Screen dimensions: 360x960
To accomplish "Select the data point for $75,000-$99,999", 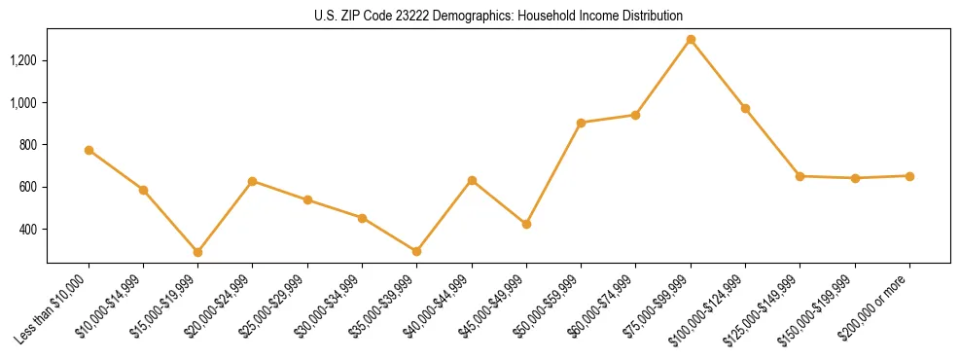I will point(691,40).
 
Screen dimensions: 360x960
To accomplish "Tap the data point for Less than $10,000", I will point(89,150).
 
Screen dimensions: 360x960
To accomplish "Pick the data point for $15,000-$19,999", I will point(197,252).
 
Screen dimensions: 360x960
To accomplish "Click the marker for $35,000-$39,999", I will point(416,251).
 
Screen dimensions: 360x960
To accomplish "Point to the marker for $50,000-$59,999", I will point(581,123).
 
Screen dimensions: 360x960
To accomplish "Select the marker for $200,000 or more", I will point(909,176).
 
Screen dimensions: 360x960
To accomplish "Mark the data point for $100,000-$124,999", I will point(745,108).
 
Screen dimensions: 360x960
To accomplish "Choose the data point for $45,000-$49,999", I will point(526,224).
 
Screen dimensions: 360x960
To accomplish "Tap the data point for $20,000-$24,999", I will point(252,181).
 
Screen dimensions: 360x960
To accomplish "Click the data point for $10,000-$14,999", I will point(143,190).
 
